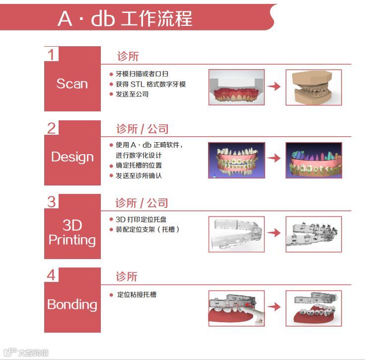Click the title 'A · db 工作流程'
click(x=125, y=18)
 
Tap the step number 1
click(x=52, y=54)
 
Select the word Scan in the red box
click(x=72, y=84)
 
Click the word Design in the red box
click(x=72, y=157)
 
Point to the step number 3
click(x=52, y=201)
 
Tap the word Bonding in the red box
click(x=72, y=304)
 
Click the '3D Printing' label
click(x=72, y=233)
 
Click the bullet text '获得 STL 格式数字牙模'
click(x=150, y=84)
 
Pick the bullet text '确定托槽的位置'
click(x=139, y=165)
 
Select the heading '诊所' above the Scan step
click(x=128, y=56)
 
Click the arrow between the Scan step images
click(x=274, y=87)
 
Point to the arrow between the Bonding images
click(x=274, y=307)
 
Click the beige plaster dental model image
click(x=313, y=87)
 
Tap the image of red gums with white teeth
click(x=236, y=88)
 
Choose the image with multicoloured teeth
click(x=313, y=160)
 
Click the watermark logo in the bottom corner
click(x=25, y=353)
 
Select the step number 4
click(x=52, y=275)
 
